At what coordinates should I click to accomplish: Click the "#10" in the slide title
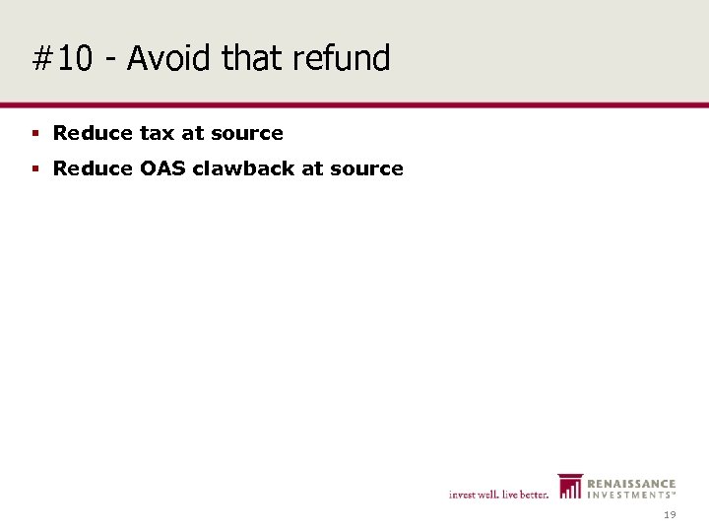[x=62, y=59]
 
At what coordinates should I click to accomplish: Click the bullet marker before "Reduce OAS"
[x=35, y=169]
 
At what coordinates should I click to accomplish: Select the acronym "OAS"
[x=161, y=168]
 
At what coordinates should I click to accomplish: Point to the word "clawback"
[x=243, y=168]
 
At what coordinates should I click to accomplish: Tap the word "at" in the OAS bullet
[x=312, y=168]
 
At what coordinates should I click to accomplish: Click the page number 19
[x=670, y=515]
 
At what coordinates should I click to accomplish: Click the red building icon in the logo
[x=569, y=486]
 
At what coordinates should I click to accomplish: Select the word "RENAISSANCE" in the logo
[x=631, y=484]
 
